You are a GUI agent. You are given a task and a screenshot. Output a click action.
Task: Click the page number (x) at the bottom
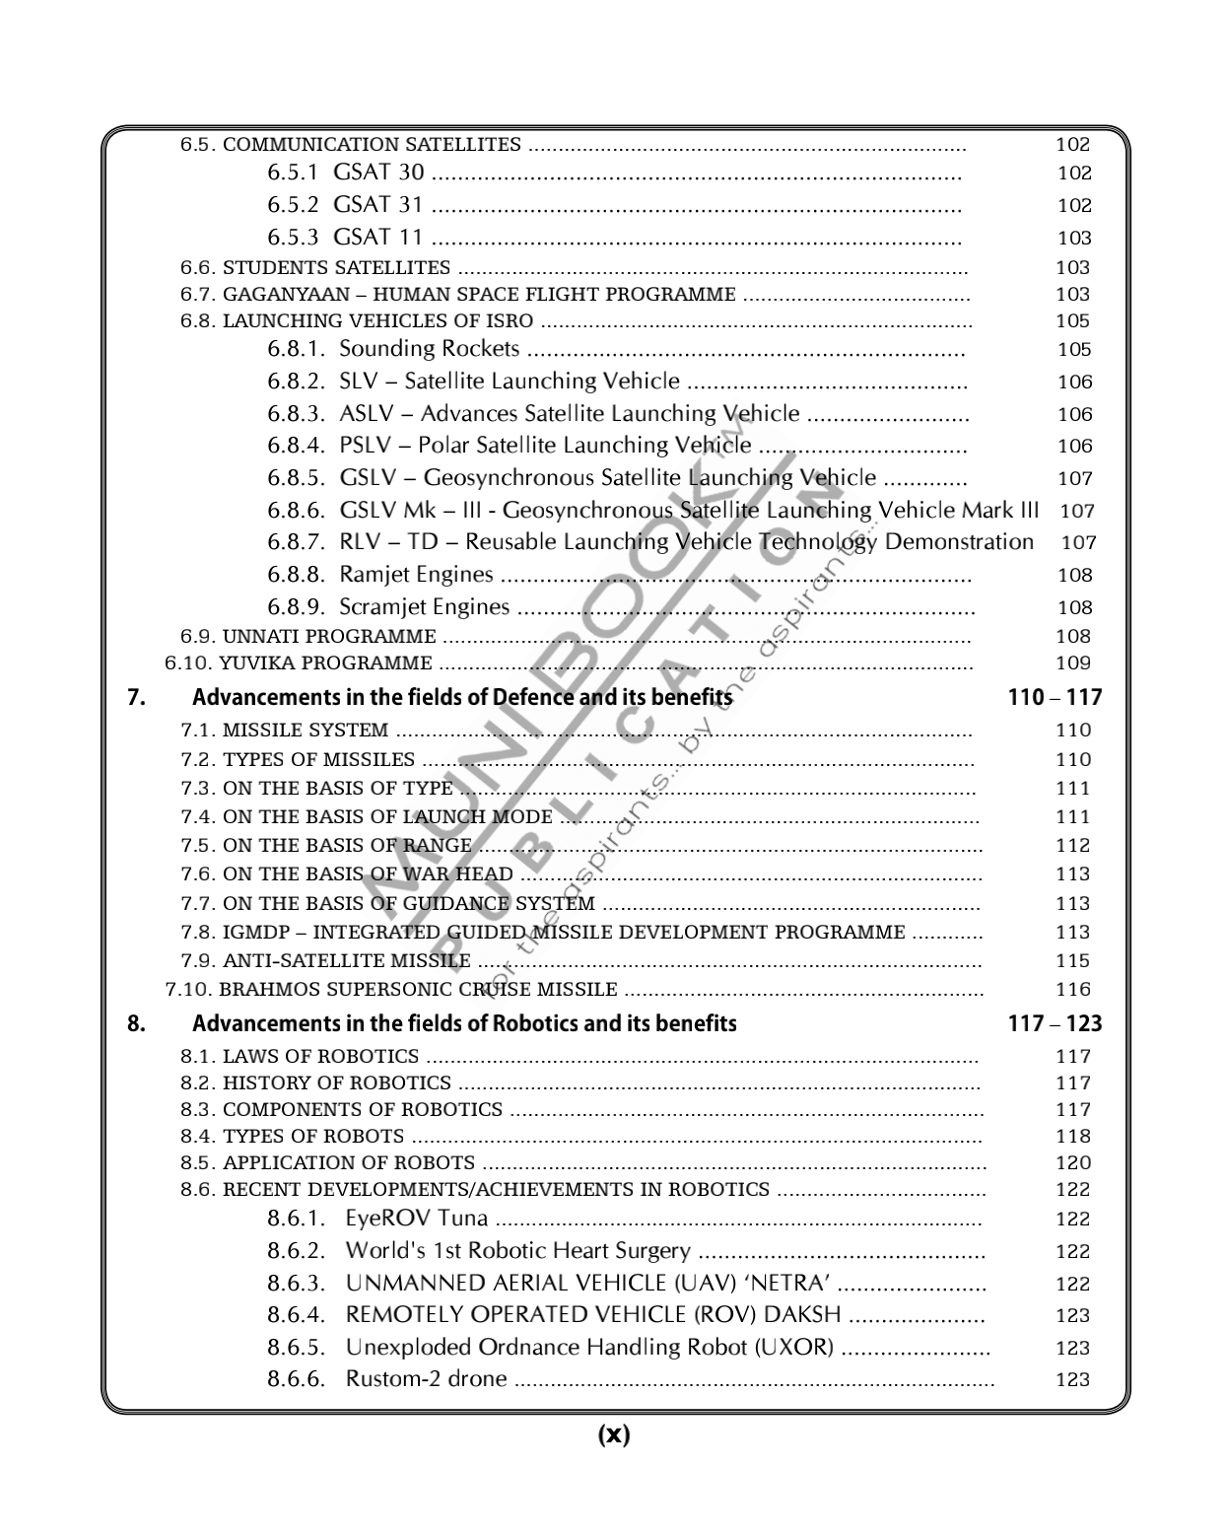613,1434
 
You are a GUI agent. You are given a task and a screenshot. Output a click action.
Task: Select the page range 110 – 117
1055,698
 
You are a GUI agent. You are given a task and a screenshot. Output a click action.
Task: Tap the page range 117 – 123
1055,1023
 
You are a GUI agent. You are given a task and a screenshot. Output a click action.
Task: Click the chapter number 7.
137,698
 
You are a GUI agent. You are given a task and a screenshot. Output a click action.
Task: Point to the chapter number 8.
137,1023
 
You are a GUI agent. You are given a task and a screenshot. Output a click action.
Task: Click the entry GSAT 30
378,173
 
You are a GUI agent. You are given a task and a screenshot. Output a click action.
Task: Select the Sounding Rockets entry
429,349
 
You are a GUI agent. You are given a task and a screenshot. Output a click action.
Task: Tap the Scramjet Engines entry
425,607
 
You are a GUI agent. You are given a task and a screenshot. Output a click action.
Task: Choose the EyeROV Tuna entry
416,1220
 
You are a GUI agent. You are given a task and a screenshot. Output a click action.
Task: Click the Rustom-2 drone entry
426,1379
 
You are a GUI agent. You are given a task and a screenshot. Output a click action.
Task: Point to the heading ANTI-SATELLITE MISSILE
347,961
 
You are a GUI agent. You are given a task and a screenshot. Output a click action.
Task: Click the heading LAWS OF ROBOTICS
320,1057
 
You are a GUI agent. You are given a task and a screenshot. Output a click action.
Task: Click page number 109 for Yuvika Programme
1073,663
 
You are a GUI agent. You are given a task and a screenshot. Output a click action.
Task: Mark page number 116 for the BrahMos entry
1073,990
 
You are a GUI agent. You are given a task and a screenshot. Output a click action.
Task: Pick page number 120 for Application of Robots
1073,1163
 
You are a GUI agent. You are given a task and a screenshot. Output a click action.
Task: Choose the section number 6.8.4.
296,446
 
